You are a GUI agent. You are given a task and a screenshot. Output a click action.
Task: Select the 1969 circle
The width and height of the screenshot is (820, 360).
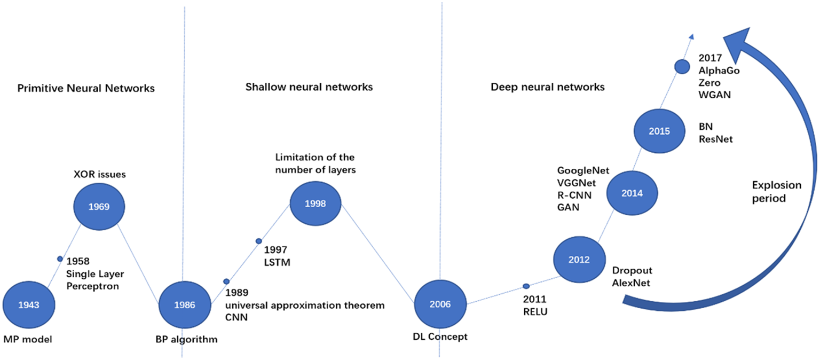coord(99,206)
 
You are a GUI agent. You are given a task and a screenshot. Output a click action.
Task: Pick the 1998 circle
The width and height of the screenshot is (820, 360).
coord(316,204)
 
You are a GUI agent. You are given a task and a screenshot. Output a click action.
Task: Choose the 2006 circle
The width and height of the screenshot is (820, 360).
coord(440,304)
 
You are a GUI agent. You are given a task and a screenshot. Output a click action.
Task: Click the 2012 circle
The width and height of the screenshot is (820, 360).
coord(579,260)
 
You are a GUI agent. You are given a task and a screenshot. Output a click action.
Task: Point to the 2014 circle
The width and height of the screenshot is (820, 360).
coord(632,194)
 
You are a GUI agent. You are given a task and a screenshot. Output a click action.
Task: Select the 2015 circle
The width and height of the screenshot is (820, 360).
coord(659,131)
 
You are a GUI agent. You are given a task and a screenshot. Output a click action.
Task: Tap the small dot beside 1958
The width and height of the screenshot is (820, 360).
coord(60,259)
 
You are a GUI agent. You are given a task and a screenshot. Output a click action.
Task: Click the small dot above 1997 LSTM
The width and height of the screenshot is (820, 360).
coord(259,241)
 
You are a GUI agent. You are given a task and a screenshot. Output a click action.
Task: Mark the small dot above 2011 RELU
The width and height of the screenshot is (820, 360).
coord(526,286)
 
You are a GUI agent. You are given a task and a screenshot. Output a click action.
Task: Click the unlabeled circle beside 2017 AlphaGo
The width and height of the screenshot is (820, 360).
coord(682,67)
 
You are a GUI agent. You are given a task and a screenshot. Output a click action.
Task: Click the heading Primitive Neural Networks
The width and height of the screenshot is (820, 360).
coord(86,88)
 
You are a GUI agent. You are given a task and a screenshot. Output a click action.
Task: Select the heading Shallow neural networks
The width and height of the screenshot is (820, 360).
coord(309,87)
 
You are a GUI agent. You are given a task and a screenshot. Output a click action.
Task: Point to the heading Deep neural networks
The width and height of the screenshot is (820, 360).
coord(548,87)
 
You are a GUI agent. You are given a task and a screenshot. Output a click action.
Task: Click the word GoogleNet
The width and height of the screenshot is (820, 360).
coord(583,171)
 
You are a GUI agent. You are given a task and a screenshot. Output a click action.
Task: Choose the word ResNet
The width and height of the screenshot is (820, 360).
coord(715,139)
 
